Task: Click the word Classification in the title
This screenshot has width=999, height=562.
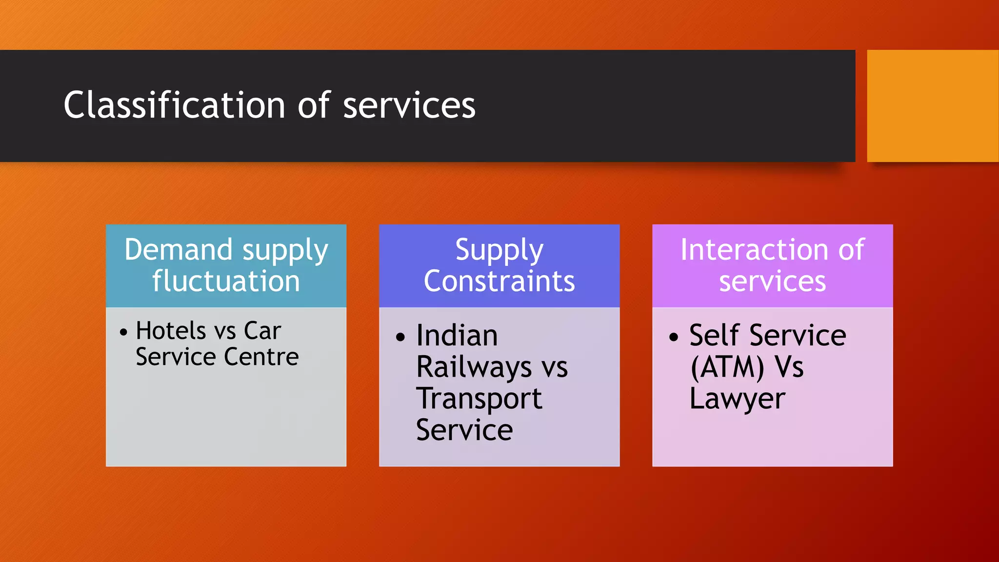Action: [174, 105]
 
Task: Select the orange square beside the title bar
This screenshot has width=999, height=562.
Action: [932, 106]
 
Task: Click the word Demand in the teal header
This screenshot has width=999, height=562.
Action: [178, 250]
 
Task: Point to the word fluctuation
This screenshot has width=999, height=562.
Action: [226, 281]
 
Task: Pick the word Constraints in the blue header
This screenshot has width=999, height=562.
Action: [499, 281]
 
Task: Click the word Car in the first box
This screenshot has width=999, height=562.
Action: [262, 331]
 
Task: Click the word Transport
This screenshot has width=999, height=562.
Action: [479, 399]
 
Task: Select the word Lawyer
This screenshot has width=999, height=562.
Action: [737, 399]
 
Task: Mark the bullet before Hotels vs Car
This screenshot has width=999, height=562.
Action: [123, 332]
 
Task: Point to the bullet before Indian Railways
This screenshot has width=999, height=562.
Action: [400, 337]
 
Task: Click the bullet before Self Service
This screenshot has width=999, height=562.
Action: [674, 337]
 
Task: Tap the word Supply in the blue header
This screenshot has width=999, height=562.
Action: [499, 250]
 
